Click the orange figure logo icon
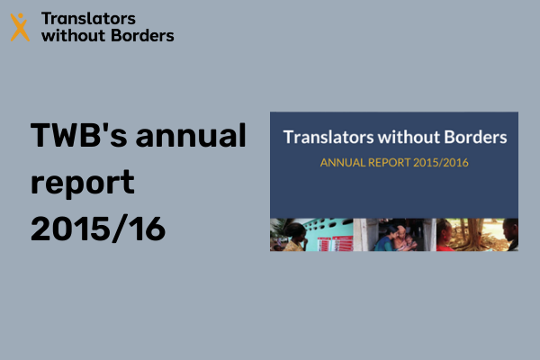(20, 27)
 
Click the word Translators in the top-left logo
(88, 19)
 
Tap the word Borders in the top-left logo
(142, 35)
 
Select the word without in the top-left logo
(73, 35)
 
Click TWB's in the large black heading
(79, 135)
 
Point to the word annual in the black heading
(191, 135)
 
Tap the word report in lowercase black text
(83, 184)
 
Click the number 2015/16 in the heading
(98, 229)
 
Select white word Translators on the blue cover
(328, 137)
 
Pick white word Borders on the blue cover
(475, 137)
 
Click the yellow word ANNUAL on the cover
(343, 162)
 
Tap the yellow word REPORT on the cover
(389, 162)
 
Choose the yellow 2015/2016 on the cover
(441, 162)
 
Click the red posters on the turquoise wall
(335, 244)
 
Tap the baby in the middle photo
(409, 242)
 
